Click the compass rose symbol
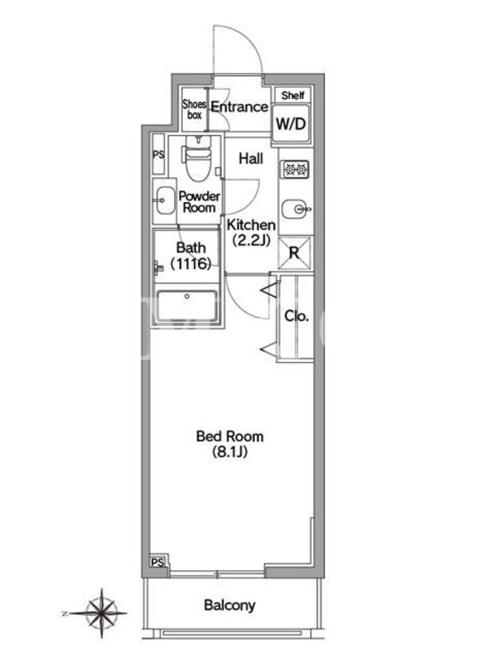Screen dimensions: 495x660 (101, 613)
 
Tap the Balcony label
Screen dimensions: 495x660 (229, 606)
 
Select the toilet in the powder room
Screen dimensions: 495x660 (197, 157)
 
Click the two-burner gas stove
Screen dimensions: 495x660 (296, 169)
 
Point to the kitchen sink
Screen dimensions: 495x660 (296, 210)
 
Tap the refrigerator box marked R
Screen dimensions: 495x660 (295, 252)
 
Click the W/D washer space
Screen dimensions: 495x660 (291, 123)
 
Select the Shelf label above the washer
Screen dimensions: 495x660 (293, 96)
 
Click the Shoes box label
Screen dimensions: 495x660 (194, 110)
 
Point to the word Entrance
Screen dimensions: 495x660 (239, 107)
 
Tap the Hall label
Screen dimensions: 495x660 (251, 158)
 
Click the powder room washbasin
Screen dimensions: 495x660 (165, 200)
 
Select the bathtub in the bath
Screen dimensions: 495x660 (187, 305)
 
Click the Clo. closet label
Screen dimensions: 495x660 (296, 316)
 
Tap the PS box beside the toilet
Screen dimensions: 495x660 (158, 154)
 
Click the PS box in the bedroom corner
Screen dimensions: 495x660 (158, 563)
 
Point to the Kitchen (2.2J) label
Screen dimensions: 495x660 (251, 233)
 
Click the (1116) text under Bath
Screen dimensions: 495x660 (191, 264)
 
